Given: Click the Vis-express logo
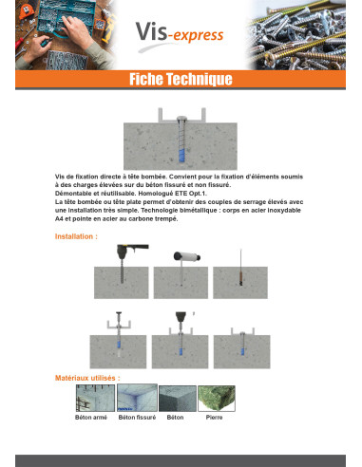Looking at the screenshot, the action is [x=180, y=34].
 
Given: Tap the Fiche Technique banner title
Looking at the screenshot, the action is [x=181, y=79].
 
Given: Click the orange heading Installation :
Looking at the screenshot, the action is [x=76, y=236].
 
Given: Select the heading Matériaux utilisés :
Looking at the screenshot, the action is [x=87, y=378].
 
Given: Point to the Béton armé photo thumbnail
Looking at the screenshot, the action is [x=95, y=398].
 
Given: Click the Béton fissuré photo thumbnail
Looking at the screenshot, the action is [x=137, y=398].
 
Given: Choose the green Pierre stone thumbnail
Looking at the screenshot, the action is [x=217, y=399].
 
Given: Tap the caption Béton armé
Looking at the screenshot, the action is [x=91, y=418].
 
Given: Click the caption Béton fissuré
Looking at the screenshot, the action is [x=137, y=418].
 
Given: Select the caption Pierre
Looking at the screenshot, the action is [x=214, y=418].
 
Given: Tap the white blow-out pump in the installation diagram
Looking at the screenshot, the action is [x=187, y=256].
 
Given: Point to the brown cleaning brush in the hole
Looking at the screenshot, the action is [x=241, y=277].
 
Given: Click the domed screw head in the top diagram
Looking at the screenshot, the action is [x=182, y=119].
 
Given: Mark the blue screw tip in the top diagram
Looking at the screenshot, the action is [x=181, y=156].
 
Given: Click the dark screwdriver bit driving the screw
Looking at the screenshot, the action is [x=181, y=317].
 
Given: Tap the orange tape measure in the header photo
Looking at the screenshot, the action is [x=25, y=11].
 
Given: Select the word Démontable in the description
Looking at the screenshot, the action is [x=71, y=194].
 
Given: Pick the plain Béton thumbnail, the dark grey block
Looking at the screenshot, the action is [x=178, y=399].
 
